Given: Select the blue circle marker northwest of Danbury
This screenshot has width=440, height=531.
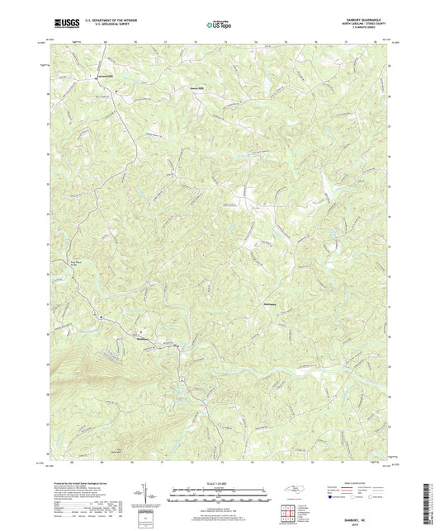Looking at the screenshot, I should point(102,317).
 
